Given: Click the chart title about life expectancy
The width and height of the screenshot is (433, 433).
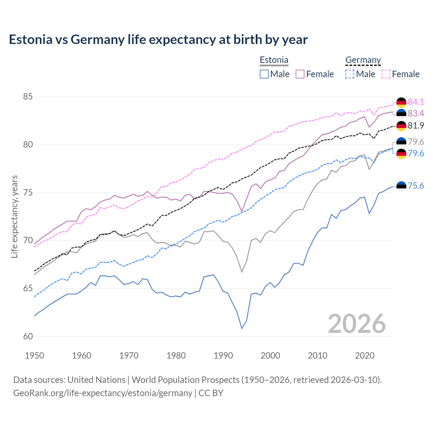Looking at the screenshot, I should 158,40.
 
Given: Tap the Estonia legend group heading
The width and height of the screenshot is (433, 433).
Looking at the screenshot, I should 274,60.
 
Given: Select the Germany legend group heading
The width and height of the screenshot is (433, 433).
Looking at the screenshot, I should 363,60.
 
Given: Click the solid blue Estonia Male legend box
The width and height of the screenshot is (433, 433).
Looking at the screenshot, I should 264,74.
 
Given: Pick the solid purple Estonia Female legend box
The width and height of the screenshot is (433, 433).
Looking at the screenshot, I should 300,74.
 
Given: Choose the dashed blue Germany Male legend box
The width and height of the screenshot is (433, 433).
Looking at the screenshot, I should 350,74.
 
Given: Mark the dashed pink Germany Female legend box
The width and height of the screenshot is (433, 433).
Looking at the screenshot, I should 386,74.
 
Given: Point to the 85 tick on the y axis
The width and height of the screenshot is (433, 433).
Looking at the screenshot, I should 28,97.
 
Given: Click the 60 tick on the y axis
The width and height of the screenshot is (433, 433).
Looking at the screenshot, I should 28,337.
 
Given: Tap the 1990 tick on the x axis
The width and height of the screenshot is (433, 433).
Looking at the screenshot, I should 223,356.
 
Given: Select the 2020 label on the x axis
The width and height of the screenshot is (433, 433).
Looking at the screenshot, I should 365,356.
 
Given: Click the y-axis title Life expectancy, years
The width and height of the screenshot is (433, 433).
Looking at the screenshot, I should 14,216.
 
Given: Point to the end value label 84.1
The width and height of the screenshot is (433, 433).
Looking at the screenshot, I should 416,102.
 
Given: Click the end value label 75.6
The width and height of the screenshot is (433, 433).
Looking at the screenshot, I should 416,186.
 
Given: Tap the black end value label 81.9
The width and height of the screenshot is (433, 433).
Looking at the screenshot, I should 416,126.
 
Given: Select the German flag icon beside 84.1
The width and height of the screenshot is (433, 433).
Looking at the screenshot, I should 401,102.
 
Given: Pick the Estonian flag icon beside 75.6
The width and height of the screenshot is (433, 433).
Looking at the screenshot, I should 401,186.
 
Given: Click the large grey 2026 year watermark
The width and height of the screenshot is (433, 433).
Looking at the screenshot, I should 357,324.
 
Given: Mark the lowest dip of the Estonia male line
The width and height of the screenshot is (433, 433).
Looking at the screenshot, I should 242,328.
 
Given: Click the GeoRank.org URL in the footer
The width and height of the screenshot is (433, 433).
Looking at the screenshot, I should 102,393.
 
